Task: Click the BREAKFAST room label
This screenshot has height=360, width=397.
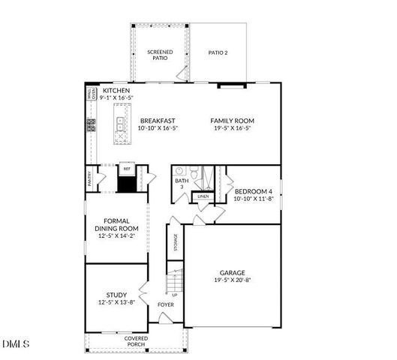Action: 158,120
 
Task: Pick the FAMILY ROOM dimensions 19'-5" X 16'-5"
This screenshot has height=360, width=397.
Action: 232,128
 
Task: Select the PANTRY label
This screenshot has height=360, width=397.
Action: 89,179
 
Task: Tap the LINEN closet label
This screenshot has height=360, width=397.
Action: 203,197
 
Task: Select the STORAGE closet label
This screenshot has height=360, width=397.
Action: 175,242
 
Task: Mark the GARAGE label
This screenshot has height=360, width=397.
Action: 232,273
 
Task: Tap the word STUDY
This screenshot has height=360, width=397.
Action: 116,295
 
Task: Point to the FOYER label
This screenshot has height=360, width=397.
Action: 164,304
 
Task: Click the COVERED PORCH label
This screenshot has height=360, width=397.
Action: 136,342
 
